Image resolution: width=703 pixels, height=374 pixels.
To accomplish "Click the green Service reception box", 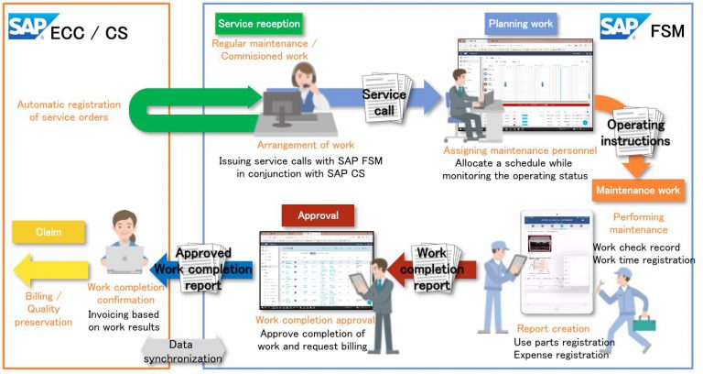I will (259, 22).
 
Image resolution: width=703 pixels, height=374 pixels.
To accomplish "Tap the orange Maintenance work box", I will (638, 191).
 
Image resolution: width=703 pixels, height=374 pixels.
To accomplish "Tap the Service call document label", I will (384, 103).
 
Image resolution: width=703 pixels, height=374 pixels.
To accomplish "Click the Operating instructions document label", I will (642, 133).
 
